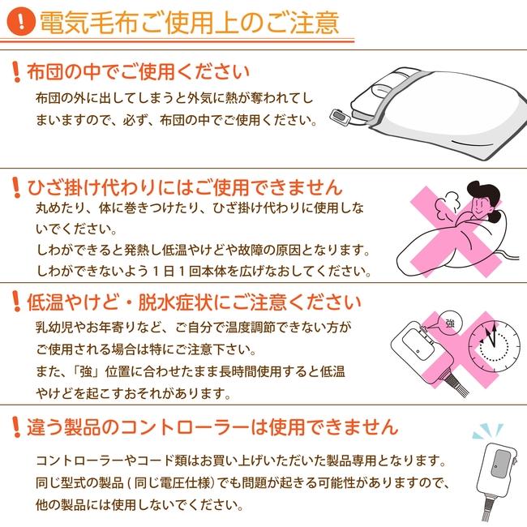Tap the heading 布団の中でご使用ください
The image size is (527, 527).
(139, 71)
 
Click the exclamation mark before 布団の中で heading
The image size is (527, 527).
(16, 71)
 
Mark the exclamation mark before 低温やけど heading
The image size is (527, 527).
(16, 303)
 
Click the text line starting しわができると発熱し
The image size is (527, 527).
(203, 249)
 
